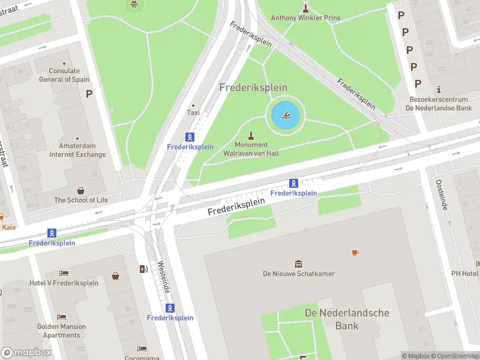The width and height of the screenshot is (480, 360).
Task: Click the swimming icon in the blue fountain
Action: coord(286,116)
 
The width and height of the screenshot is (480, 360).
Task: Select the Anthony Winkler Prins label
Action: coord(305,18)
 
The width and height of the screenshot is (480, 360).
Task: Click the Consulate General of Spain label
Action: coord(64,75)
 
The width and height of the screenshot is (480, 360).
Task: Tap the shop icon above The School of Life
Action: coord(81,190)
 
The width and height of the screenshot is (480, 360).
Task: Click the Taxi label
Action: coord(193,112)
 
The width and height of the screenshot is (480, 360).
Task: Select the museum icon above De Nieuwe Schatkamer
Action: coord(298,264)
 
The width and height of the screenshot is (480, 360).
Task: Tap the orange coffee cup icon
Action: coord(355,253)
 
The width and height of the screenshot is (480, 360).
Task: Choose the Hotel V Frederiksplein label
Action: coord(64,283)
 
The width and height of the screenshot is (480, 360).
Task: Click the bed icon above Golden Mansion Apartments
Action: coord(61,317)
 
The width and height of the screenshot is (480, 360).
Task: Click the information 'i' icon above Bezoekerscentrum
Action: coord(439,88)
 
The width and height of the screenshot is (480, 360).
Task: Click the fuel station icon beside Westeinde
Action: coord(143,269)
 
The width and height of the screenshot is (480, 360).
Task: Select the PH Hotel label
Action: coord(465,274)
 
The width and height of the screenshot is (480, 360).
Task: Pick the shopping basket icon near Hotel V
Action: coord(115,276)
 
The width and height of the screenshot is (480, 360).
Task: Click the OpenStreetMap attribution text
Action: coord(452,356)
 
